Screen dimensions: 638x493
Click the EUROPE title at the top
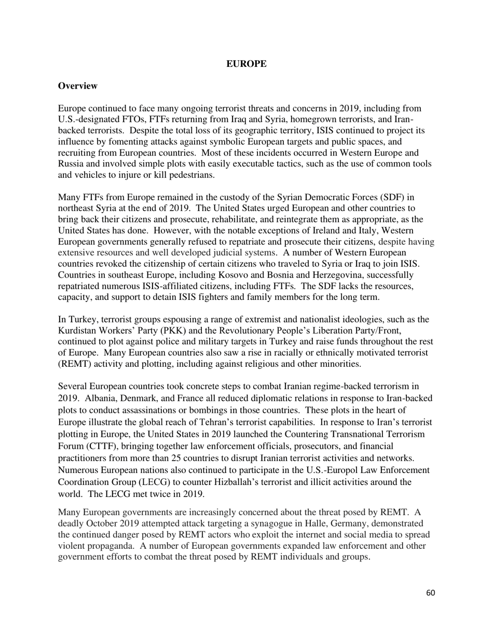[x=246, y=64]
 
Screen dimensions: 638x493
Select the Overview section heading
[x=77, y=86]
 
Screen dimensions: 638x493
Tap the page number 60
[x=430, y=593]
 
